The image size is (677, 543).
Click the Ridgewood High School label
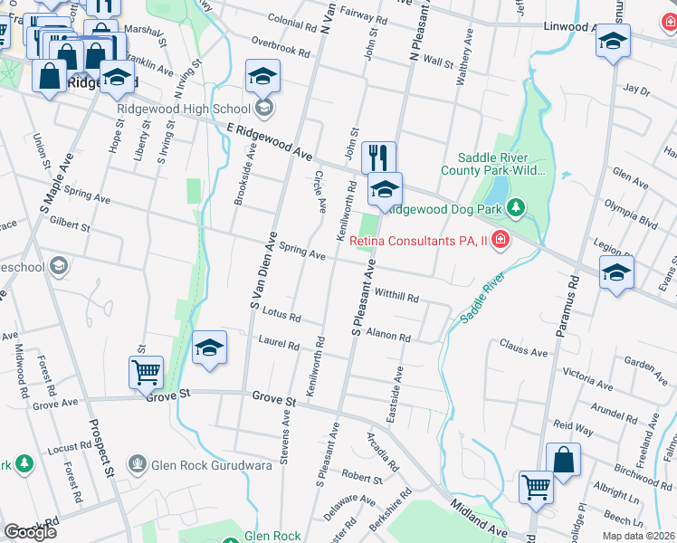[184, 110]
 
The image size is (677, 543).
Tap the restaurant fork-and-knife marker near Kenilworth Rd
[379, 158]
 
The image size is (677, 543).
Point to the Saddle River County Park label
[493, 164]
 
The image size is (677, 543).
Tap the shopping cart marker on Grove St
[146, 372]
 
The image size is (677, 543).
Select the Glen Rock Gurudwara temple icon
[137, 465]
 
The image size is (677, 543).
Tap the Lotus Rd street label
[279, 314]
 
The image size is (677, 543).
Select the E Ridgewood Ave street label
[263, 140]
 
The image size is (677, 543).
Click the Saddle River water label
[481, 304]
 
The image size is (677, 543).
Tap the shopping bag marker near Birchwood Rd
[563, 459]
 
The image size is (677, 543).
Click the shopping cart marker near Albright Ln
[536, 486]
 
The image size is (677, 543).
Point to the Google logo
[30, 531]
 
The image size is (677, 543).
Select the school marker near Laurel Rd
[209, 348]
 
